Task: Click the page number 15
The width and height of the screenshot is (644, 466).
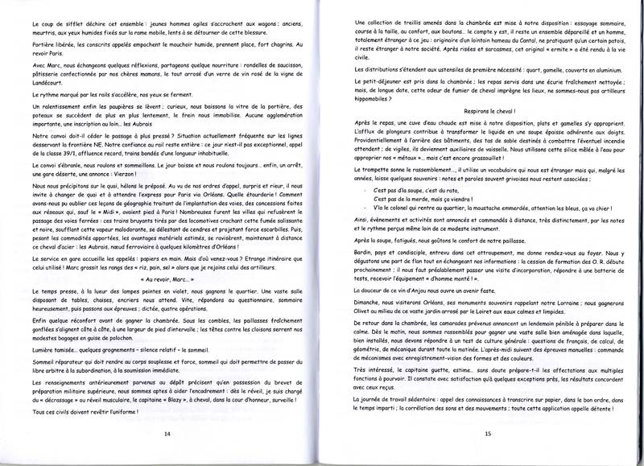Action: coord(488,432)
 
